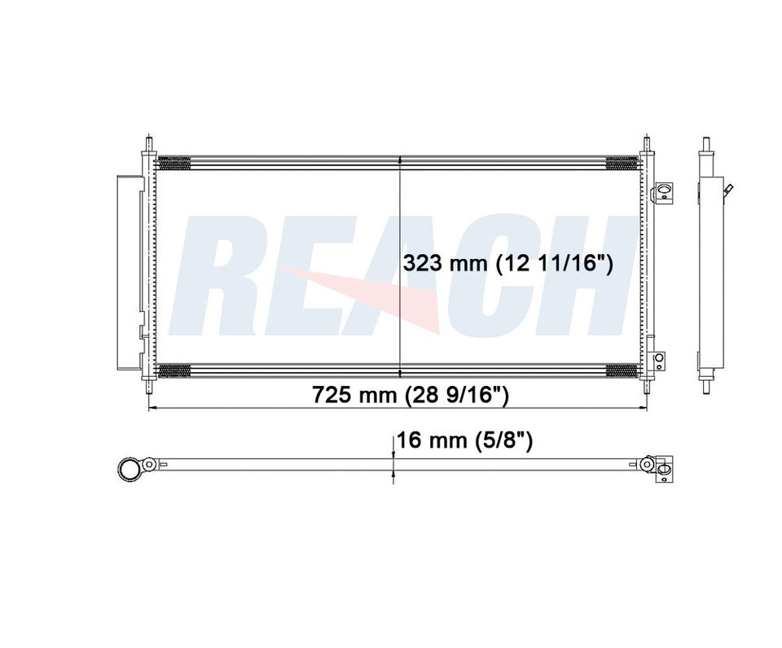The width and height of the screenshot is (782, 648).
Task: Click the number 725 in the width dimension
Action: tap(330, 395)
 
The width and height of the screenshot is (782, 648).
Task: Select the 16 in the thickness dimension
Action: tap(408, 440)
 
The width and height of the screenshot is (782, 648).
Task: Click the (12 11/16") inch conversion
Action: tap(554, 263)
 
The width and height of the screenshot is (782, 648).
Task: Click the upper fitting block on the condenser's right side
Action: tap(663, 191)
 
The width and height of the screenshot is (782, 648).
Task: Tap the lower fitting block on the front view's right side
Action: tap(659, 361)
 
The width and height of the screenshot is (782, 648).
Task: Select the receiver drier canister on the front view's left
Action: tap(128, 273)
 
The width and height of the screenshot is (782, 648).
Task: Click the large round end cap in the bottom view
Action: tap(130, 468)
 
